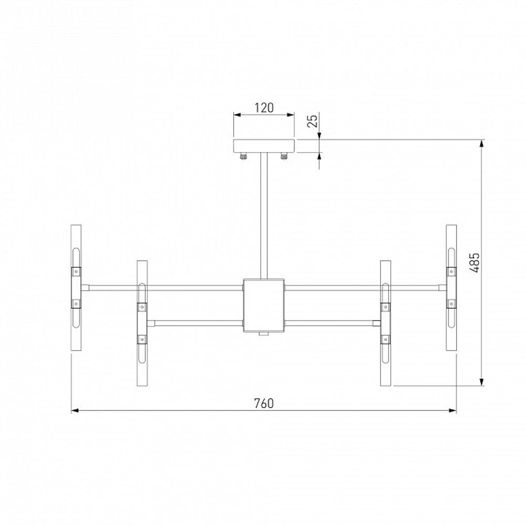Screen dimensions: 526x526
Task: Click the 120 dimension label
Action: [264, 108]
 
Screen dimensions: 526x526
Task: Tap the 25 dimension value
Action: [312, 122]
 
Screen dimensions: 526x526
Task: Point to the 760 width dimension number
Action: [264, 403]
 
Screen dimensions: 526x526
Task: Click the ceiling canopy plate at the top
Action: [264, 146]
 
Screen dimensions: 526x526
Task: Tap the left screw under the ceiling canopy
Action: [244, 156]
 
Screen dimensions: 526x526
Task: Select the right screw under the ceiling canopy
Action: [285, 156]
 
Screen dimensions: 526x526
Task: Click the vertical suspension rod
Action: [264, 216]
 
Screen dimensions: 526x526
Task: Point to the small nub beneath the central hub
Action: [264, 335]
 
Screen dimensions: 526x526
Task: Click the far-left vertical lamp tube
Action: [76, 287]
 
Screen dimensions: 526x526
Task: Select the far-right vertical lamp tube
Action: [451, 287]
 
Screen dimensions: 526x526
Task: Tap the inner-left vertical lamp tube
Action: [142, 322]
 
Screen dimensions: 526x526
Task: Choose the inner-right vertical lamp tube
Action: [386, 322]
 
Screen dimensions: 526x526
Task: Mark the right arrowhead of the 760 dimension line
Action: [453, 411]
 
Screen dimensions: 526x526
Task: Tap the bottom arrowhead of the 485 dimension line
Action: [482, 383]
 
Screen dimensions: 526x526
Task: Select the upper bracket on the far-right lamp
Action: [451, 271]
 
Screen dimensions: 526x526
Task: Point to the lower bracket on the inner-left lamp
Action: [142, 340]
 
